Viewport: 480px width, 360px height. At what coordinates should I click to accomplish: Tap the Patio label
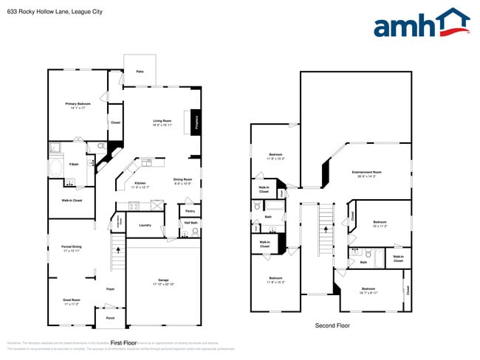pyautogui.click(x=140, y=72)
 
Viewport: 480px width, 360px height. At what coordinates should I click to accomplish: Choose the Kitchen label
pyautogui.click(x=140, y=183)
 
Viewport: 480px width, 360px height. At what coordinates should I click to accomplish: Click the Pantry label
pyautogui.click(x=190, y=211)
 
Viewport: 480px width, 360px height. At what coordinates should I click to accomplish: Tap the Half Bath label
pyautogui.click(x=189, y=223)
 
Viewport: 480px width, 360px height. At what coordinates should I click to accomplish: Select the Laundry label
pyautogui.click(x=145, y=226)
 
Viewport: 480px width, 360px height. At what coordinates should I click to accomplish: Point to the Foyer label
pyautogui.click(x=110, y=288)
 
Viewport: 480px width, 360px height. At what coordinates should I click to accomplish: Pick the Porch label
pyautogui.click(x=110, y=318)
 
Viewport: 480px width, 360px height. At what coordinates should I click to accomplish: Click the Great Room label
pyautogui.click(x=72, y=300)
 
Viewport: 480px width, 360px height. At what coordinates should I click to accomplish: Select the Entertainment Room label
pyautogui.click(x=366, y=173)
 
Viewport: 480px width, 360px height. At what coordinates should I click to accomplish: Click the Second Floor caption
pyautogui.click(x=332, y=325)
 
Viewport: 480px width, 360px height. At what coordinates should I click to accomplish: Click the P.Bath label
pyautogui.click(x=74, y=164)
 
